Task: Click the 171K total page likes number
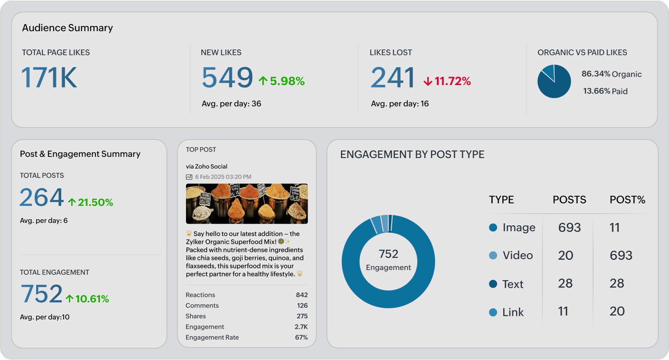click(49, 78)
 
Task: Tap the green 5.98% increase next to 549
click(282, 81)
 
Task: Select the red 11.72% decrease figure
click(447, 81)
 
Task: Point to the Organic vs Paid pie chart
click(554, 81)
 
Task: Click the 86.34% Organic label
click(611, 74)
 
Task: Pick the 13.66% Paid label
click(605, 91)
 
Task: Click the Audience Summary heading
click(67, 28)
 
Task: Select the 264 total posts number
click(41, 198)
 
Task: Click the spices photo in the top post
click(247, 204)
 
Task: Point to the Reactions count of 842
click(301, 295)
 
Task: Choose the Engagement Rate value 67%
click(301, 337)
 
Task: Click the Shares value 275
click(302, 316)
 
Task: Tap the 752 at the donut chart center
click(388, 254)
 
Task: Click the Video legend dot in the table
click(493, 256)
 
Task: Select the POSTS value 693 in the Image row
click(569, 228)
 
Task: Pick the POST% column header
click(627, 200)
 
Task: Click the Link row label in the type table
click(513, 312)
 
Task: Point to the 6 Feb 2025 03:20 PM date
click(223, 177)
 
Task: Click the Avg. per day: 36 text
click(231, 104)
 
